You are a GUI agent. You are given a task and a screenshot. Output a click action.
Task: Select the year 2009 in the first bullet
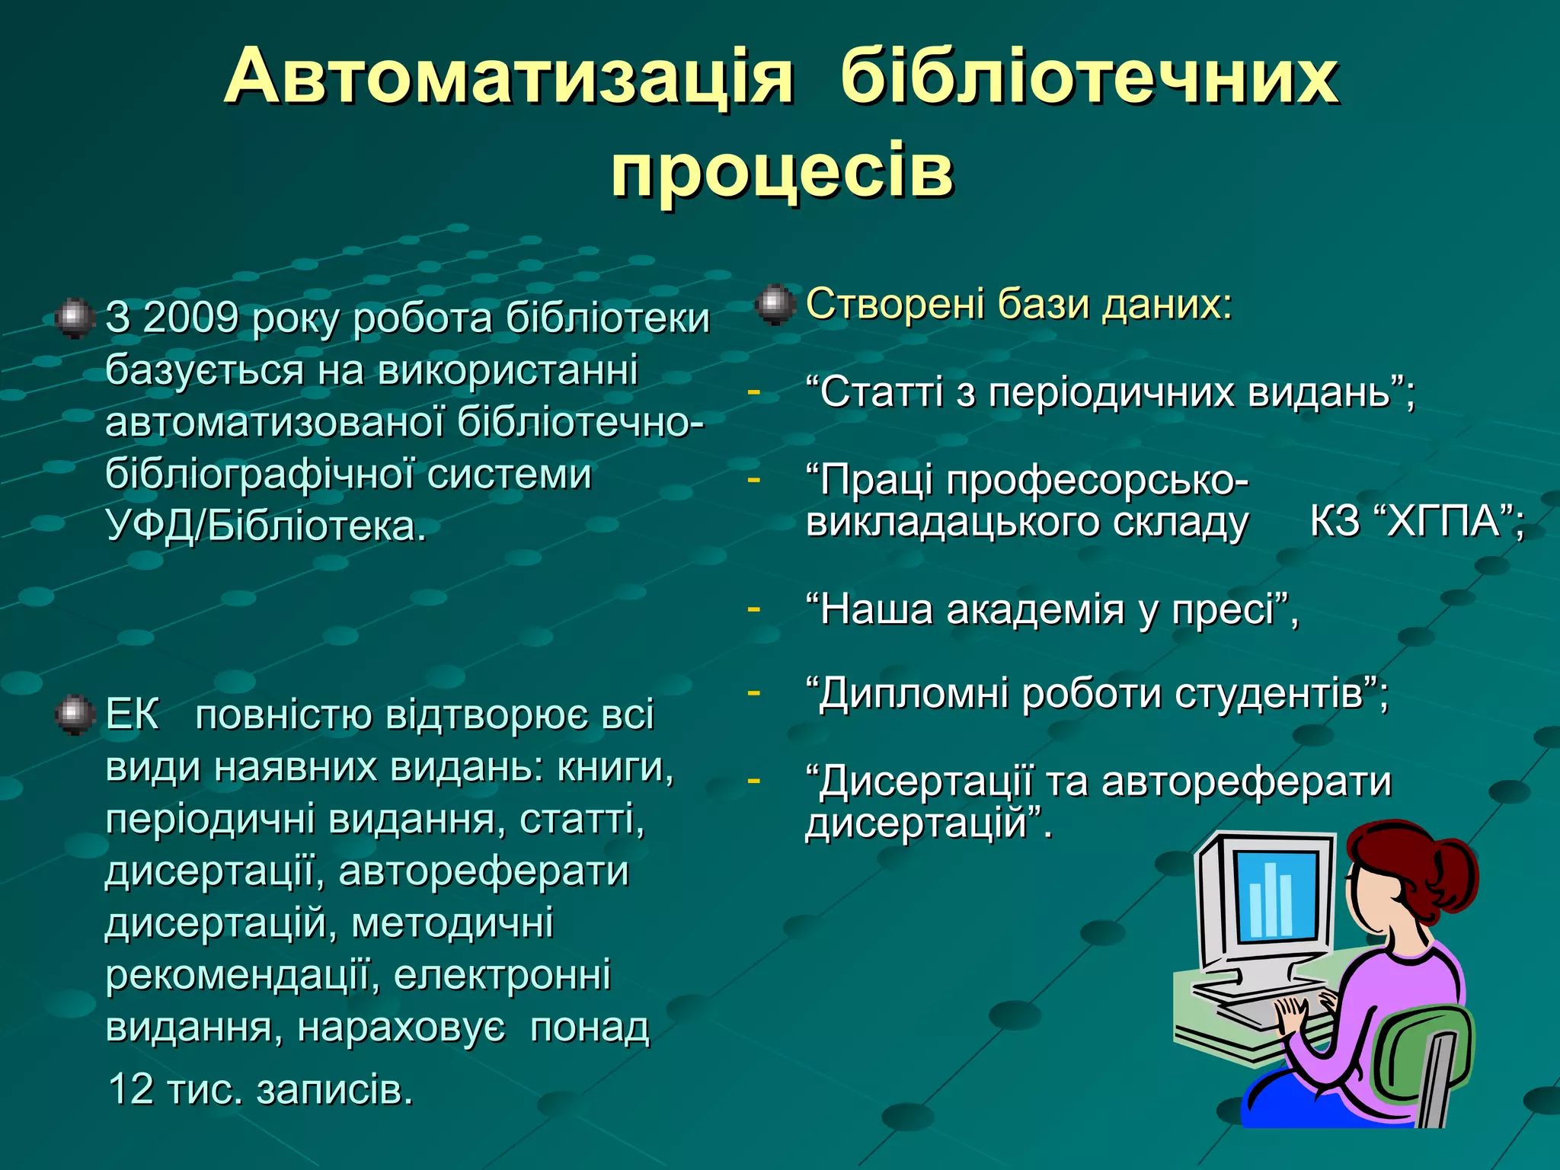(x=190, y=318)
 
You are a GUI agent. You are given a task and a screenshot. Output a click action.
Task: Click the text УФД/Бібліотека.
(x=265, y=526)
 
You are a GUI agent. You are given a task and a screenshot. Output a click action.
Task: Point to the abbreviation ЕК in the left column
(x=132, y=714)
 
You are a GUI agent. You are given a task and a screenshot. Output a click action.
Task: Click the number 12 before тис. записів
(x=131, y=1088)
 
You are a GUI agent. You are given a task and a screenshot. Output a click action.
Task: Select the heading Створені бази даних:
(x=1018, y=304)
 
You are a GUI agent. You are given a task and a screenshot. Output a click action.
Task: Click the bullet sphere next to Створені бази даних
(x=775, y=304)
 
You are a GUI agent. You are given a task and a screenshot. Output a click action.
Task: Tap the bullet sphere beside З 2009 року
(x=75, y=318)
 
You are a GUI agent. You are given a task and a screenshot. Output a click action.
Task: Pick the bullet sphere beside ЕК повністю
(x=75, y=714)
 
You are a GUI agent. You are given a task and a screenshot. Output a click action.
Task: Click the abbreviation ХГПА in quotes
(x=1442, y=522)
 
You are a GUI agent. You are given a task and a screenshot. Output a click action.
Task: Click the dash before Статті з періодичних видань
(x=753, y=392)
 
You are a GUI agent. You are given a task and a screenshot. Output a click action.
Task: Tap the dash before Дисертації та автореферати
(x=753, y=780)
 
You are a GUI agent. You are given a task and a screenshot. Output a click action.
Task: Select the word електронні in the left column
(x=502, y=975)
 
